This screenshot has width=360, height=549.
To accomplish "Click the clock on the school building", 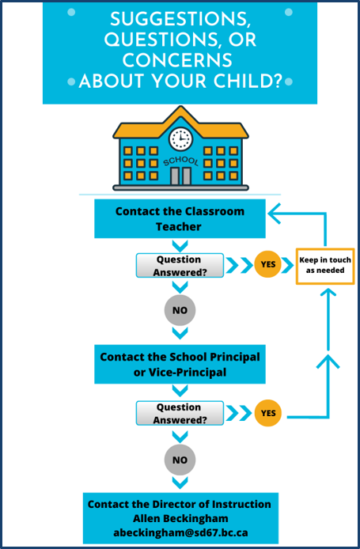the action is pos(180,138).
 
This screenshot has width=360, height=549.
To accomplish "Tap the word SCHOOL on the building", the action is pos(181,161).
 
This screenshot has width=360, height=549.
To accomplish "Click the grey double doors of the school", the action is pos(180,176).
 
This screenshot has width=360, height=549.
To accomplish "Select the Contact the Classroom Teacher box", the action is pos(180,219).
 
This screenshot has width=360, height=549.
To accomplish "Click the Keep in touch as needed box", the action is pos(325,266).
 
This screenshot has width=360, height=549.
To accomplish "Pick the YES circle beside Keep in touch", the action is pos(268,264).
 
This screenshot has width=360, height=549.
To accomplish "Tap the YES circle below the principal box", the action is pos(268,413).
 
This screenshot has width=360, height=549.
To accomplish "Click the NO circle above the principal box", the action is pos(180,310).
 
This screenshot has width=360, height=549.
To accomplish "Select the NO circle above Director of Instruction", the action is pos(180,460).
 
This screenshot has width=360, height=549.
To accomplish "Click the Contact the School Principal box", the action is pos(180,364).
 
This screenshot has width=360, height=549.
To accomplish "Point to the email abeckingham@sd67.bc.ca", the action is pos(180,533).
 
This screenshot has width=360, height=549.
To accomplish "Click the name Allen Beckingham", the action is pos(180,518).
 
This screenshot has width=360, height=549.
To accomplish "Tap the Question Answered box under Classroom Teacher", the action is pos(180,265).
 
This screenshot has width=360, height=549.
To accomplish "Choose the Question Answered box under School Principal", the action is pos(180,413).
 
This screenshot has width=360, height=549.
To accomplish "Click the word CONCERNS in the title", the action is pos(177,60).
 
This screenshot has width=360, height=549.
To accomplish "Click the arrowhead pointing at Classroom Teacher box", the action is pos(275,214).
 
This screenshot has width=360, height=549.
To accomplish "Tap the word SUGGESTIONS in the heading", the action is pos(180,20).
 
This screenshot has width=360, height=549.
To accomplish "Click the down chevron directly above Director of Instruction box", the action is pos(180,483).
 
